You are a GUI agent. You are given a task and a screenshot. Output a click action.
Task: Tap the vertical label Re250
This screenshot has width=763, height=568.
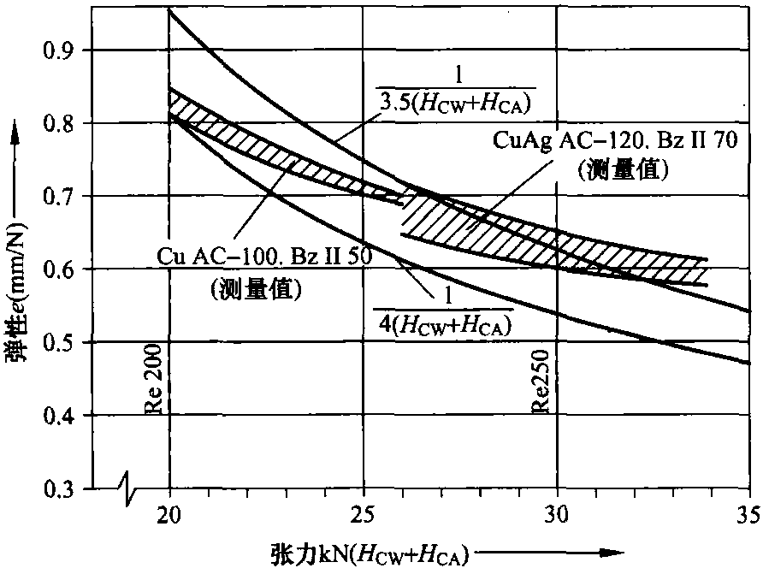point(541,386)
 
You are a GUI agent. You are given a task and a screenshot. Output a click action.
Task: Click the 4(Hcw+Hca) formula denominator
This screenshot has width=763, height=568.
point(446,322)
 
